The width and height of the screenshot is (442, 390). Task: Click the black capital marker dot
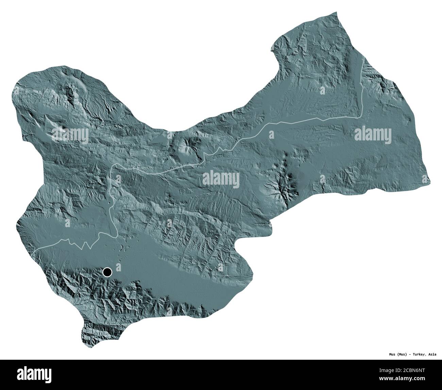107,272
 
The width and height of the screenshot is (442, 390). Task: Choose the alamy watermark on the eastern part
372,133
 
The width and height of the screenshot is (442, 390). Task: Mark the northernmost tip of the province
337,13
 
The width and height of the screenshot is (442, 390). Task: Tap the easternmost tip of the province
430,182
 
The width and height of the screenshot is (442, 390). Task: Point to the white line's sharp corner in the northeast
359,117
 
